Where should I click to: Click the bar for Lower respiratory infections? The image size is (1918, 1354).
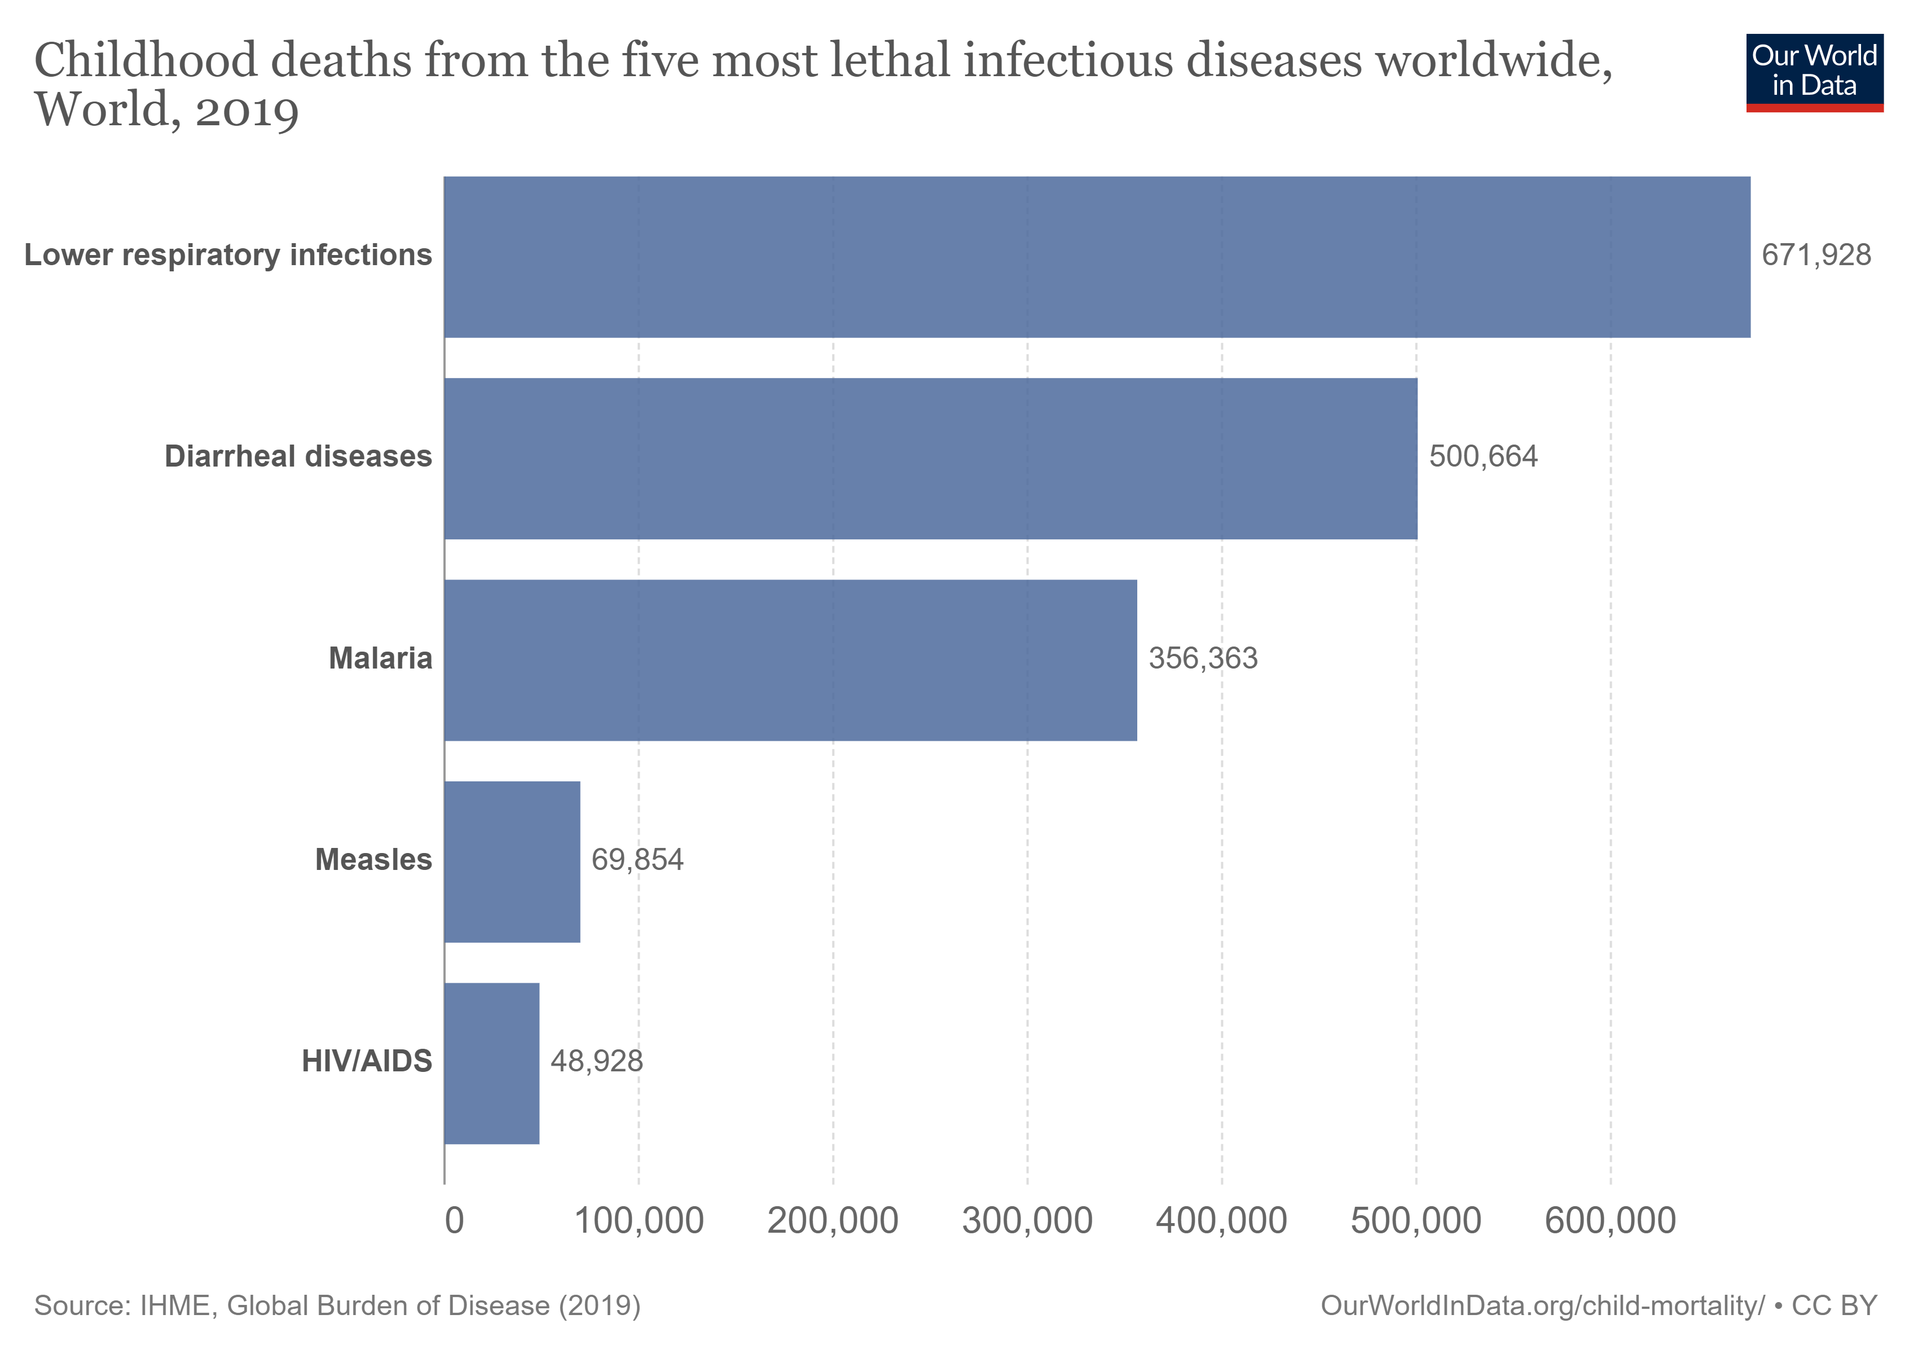point(1096,257)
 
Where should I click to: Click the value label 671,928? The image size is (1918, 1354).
point(1815,256)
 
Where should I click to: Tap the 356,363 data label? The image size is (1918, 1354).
point(1202,659)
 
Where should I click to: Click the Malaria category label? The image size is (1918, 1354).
point(380,659)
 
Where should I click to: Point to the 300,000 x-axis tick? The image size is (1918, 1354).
point(1027,1221)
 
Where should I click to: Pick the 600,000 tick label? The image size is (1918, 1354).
point(1610,1221)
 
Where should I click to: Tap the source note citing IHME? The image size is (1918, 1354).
point(337,1305)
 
